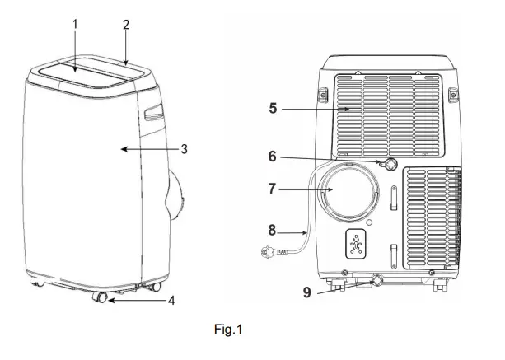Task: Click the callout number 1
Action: click(x=74, y=24)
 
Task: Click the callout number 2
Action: click(x=125, y=24)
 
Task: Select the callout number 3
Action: click(x=185, y=149)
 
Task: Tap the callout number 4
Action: click(x=171, y=301)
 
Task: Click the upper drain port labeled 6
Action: click(x=387, y=163)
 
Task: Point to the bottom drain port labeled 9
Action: click(x=375, y=281)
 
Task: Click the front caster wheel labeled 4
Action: click(x=100, y=298)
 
